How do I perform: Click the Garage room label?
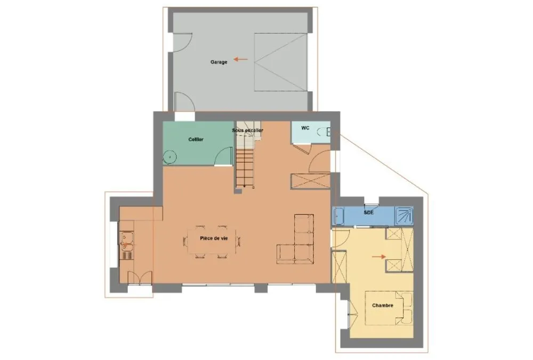pyautogui.click(x=219, y=62)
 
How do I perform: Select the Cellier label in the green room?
pyautogui.click(x=196, y=140)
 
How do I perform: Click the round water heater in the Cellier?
pyautogui.click(x=169, y=157)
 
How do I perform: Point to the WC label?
pyautogui.click(x=305, y=128)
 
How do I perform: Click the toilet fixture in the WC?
pyautogui.click(x=324, y=132)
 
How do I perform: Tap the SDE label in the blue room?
pyautogui.click(x=369, y=213)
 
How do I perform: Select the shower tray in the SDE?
pyautogui.click(x=404, y=216)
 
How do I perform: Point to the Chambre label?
pyautogui.click(x=382, y=306)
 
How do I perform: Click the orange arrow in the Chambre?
pyautogui.click(x=378, y=257)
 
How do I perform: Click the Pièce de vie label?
pyautogui.click(x=214, y=238)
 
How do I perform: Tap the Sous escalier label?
pyautogui.click(x=247, y=130)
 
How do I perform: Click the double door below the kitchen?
pyautogui.click(x=140, y=278)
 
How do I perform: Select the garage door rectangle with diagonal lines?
pyautogui.click(x=281, y=62)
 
